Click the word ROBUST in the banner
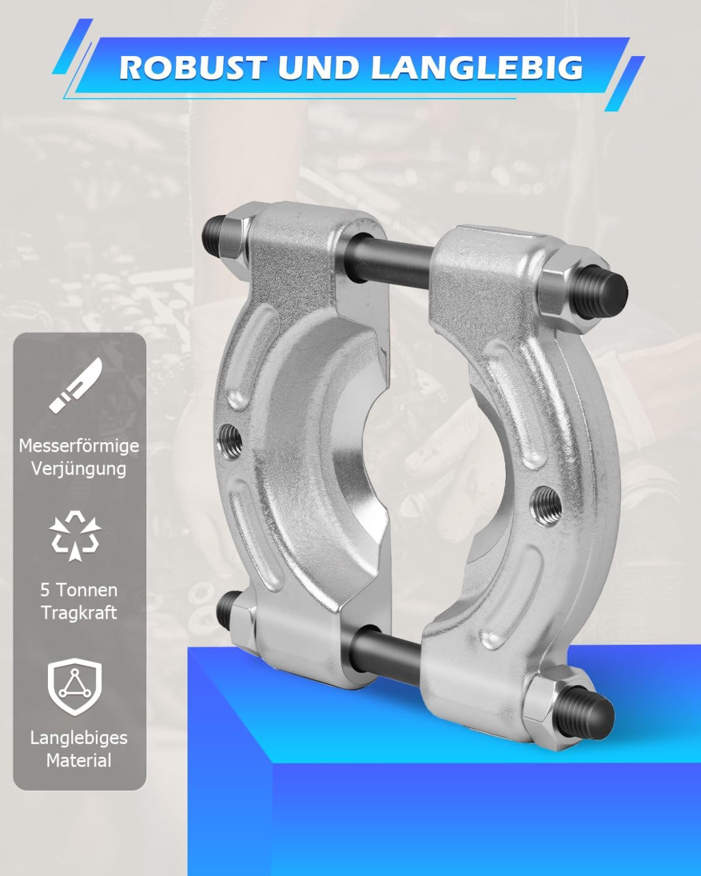pyautogui.click(x=192, y=68)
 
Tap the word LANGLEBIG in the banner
pyautogui.click(x=477, y=68)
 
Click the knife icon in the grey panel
pyautogui.click(x=76, y=385)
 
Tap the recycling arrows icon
pyautogui.click(x=75, y=535)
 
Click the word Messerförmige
pyautogui.click(x=79, y=446)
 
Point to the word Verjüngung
pyautogui.click(x=79, y=469)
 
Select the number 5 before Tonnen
pyautogui.click(x=44, y=590)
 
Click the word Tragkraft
pyautogui.click(x=79, y=613)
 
